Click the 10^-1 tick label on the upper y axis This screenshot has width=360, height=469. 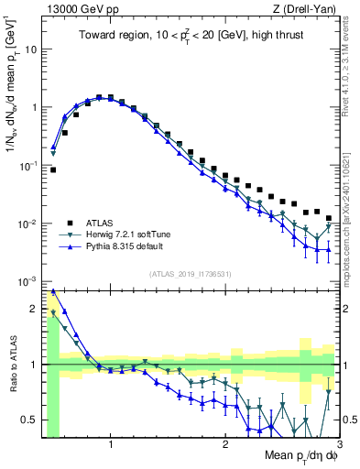click(30, 166)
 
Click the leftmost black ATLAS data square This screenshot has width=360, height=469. click(53, 169)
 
